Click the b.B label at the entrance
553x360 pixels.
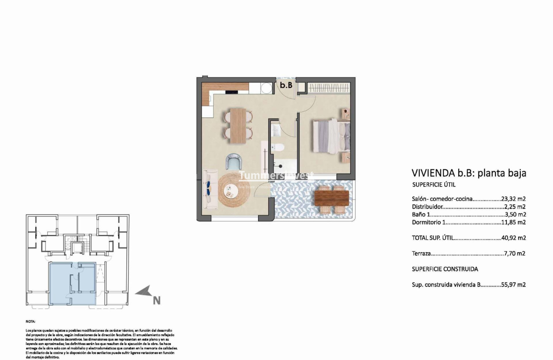(x=286, y=85)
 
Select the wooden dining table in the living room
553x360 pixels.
(x=238, y=124)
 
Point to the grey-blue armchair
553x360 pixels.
(x=233, y=161)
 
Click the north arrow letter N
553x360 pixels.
(x=156, y=300)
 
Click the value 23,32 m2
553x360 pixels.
(x=513, y=199)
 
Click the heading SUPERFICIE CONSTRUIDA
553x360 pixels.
(x=445, y=269)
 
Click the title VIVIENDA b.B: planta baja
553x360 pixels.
(x=469, y=173)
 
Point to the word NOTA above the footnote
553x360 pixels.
(x=31, y=322)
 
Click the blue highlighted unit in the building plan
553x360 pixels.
(x=72, y=283)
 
